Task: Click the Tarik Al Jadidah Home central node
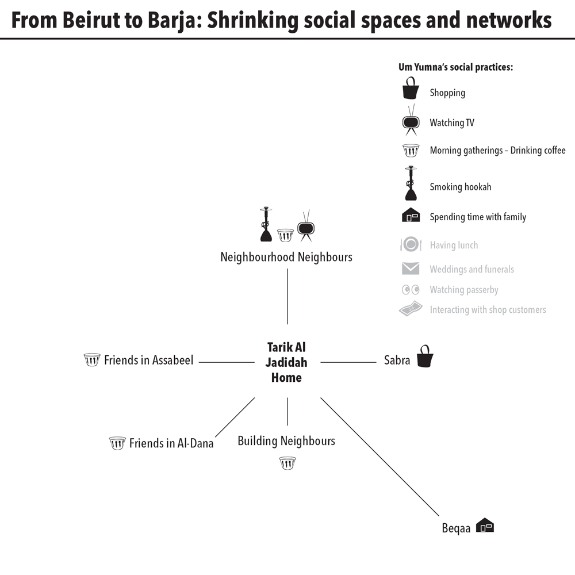287,362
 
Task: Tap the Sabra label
397,361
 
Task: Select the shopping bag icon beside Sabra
425,356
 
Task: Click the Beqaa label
456,528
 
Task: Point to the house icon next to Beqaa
486,525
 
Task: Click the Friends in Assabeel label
148,361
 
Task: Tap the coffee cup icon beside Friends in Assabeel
92,360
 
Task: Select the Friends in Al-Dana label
171,443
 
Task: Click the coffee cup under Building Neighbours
287,463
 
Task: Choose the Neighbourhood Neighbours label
286,257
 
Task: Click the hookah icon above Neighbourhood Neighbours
266,224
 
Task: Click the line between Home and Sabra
348,362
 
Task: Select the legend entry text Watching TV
451,122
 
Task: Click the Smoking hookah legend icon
411,184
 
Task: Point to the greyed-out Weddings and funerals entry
471,269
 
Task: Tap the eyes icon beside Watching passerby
410,290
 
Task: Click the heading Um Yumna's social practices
455,67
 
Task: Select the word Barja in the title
174,21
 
